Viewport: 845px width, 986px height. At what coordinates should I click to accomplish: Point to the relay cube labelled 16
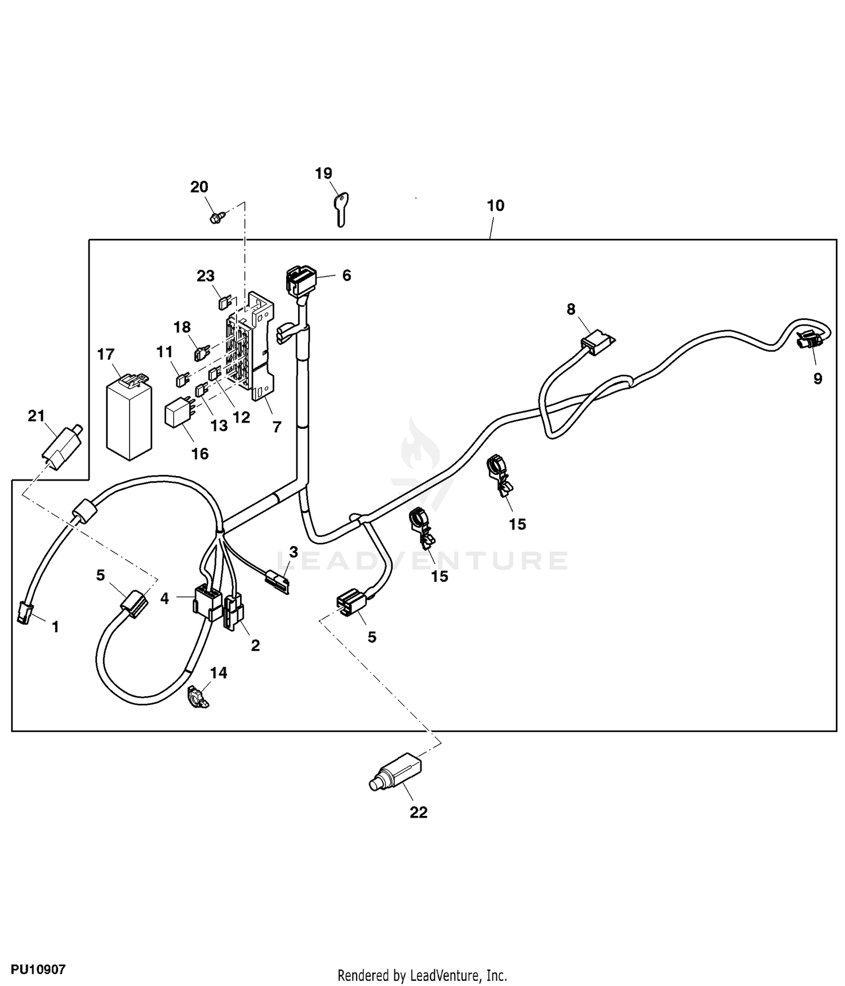pos(179,415)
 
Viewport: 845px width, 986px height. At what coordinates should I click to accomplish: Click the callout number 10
pos(496,206)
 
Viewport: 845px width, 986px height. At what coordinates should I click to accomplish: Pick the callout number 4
pos(164,598)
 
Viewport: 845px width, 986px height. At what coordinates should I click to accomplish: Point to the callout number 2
pos(255,645)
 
